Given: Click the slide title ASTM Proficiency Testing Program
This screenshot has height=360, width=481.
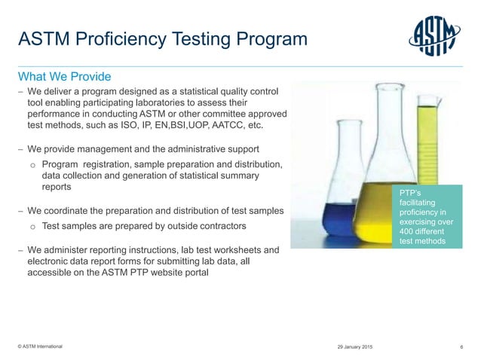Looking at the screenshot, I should click(x=162, y=38).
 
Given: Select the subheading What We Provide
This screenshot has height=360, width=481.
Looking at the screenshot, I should click(x=65, y=77).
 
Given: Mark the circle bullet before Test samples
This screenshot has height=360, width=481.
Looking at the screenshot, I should click(x=32, y=226).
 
